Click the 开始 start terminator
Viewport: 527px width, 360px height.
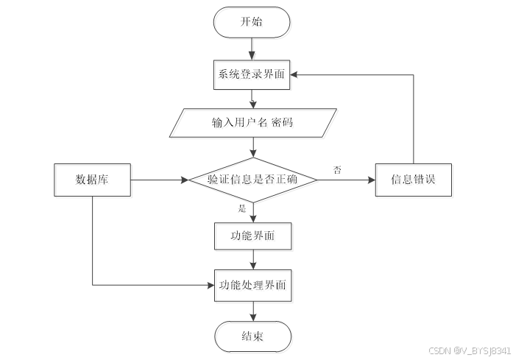point(252,22)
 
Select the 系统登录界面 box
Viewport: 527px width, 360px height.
point(252,74)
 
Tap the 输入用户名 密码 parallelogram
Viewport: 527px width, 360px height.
point(252,122)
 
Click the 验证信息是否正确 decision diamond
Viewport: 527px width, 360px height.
point(252,179)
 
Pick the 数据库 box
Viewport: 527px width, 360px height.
point(93,180)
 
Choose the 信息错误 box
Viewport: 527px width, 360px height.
point(413,180)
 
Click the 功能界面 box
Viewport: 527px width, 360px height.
point(252,236)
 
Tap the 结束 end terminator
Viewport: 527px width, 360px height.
point(252,336)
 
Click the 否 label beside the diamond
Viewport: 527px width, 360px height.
point(337,170)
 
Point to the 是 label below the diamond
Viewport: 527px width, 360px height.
point(241,208)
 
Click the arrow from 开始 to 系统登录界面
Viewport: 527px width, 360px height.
point(252,48)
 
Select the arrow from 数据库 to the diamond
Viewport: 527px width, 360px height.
point(158,180)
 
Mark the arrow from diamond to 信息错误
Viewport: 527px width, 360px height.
point(346,180)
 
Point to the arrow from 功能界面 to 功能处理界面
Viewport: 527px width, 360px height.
point(252,260)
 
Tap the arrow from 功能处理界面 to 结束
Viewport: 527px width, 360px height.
point(252,311)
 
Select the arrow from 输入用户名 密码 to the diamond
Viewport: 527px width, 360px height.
point(252,147)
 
